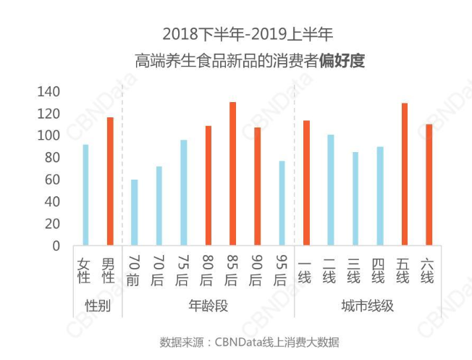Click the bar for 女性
85,195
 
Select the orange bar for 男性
110,181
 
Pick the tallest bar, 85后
232,174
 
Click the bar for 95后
282,203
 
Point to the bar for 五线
404,175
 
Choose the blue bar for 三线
355,198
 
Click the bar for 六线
429,185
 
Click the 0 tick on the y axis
55,246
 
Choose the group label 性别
98,305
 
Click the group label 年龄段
208,305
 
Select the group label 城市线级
367,305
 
